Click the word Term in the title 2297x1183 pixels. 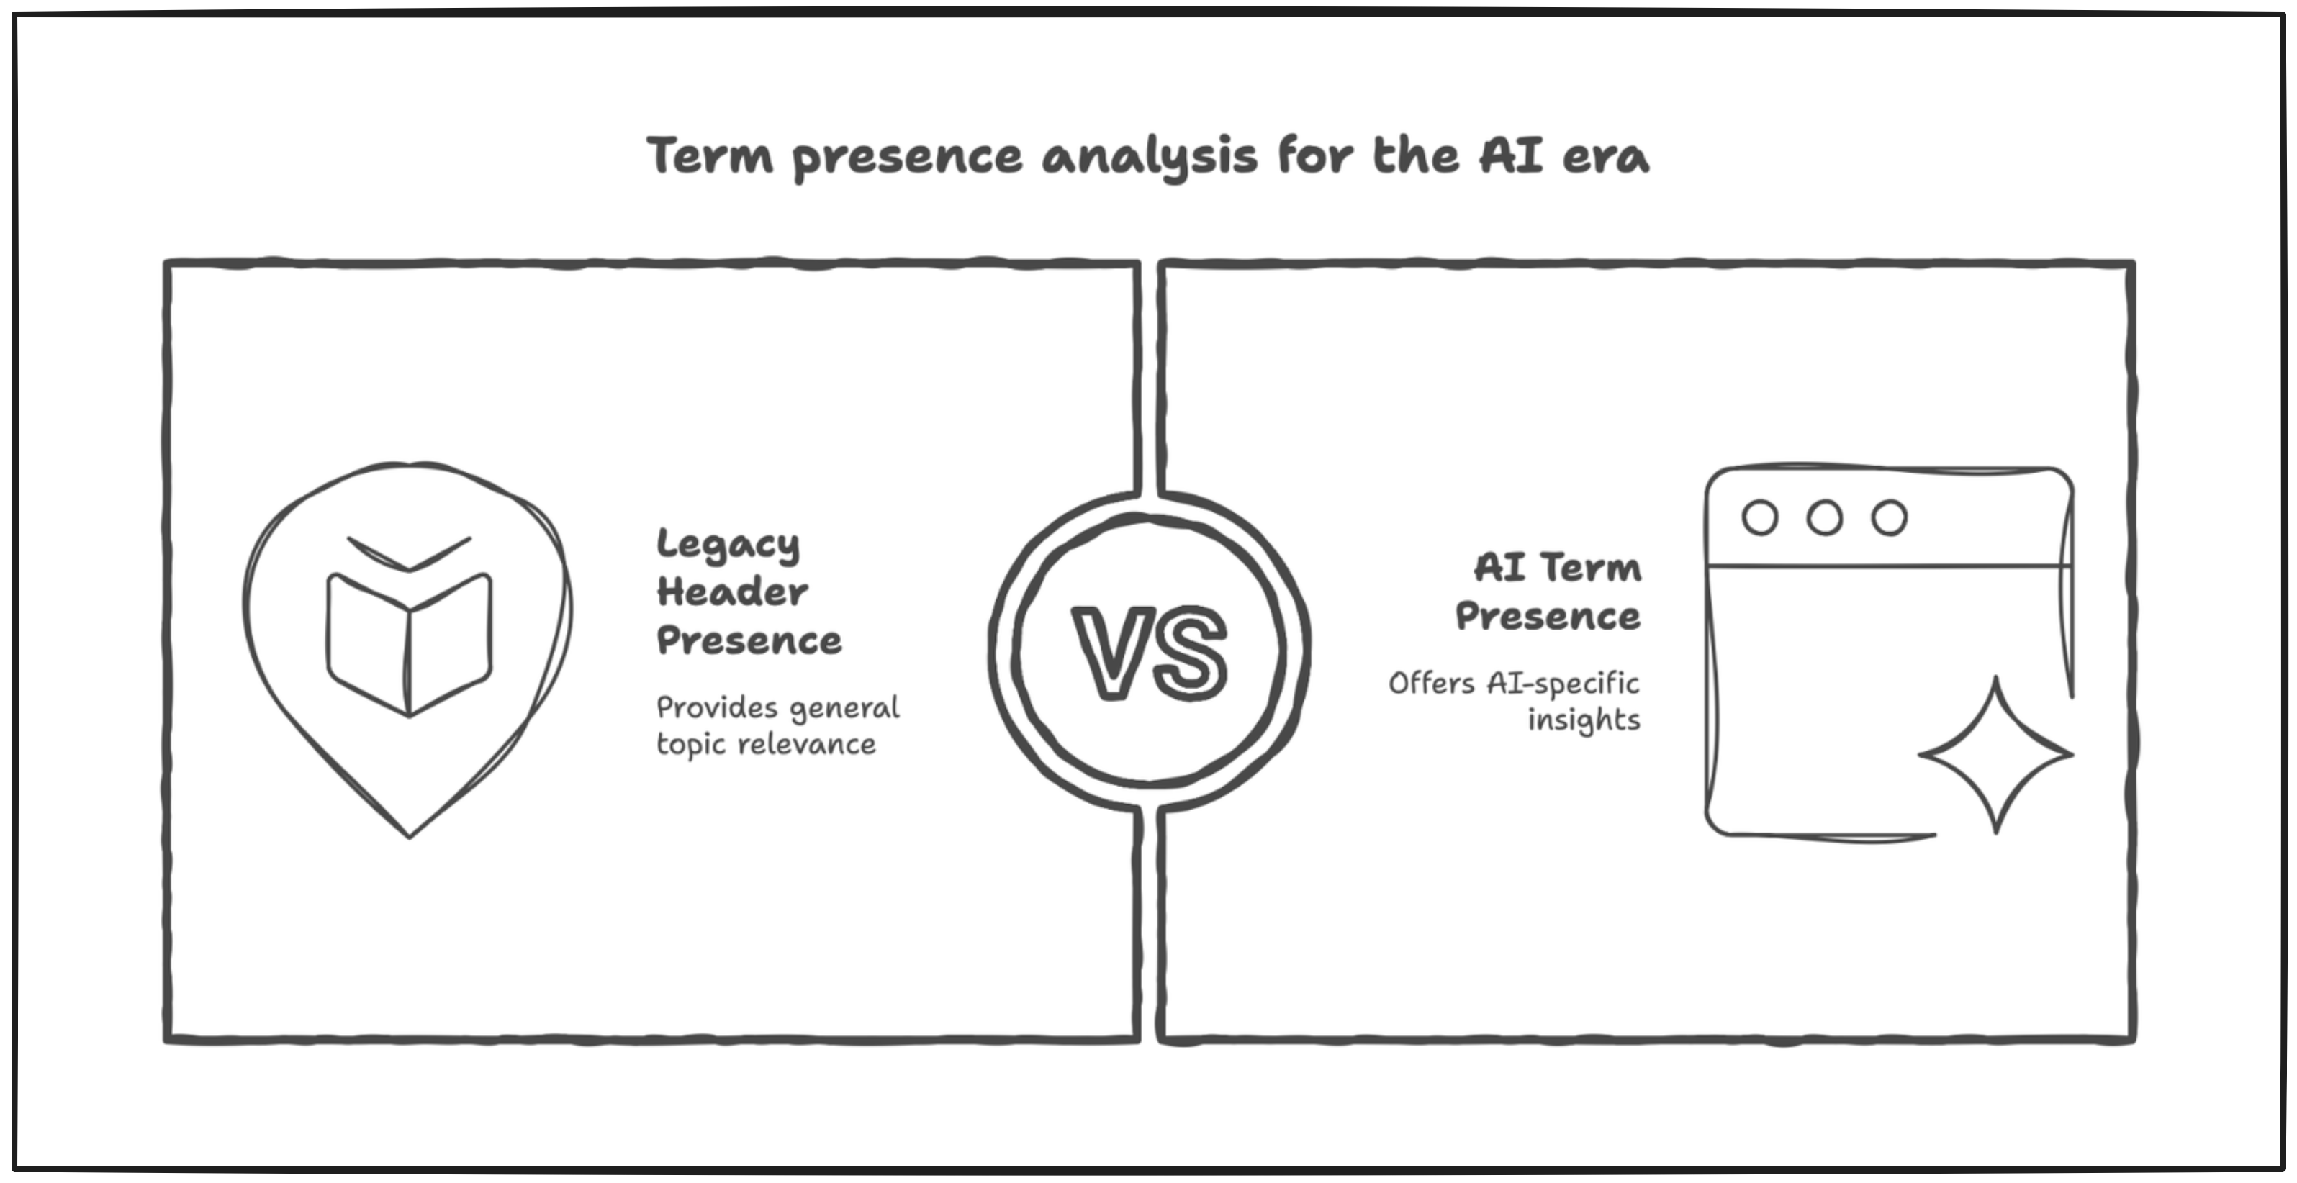point(710,156)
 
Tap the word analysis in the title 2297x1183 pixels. point(1150,158)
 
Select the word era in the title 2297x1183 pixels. point(1605,157)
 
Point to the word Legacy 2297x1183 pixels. point(728,545)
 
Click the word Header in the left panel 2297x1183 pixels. point(732,592)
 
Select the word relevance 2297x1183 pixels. point(807,743)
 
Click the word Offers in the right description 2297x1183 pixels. point(1431,684)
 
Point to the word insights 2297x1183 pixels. point(1584,720)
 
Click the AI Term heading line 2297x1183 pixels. point(1557,568)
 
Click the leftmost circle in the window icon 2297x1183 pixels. point(1759,518)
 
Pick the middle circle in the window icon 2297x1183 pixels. point(1824,518)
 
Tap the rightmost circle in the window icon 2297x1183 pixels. point(1889,518)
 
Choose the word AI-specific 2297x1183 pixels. point(1562,684)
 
